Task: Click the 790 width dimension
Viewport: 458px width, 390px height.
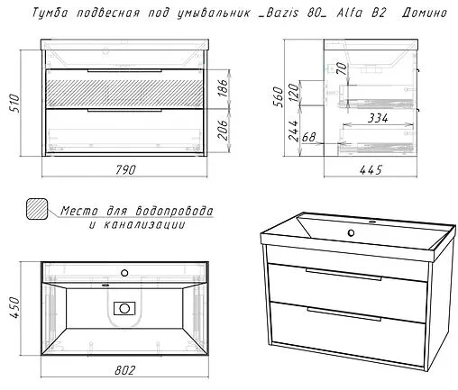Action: click(x=127, y=169)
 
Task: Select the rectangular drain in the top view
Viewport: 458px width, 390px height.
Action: click(x=122, y=308)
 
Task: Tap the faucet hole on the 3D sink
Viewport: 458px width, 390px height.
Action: click(x=370, y=220)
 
